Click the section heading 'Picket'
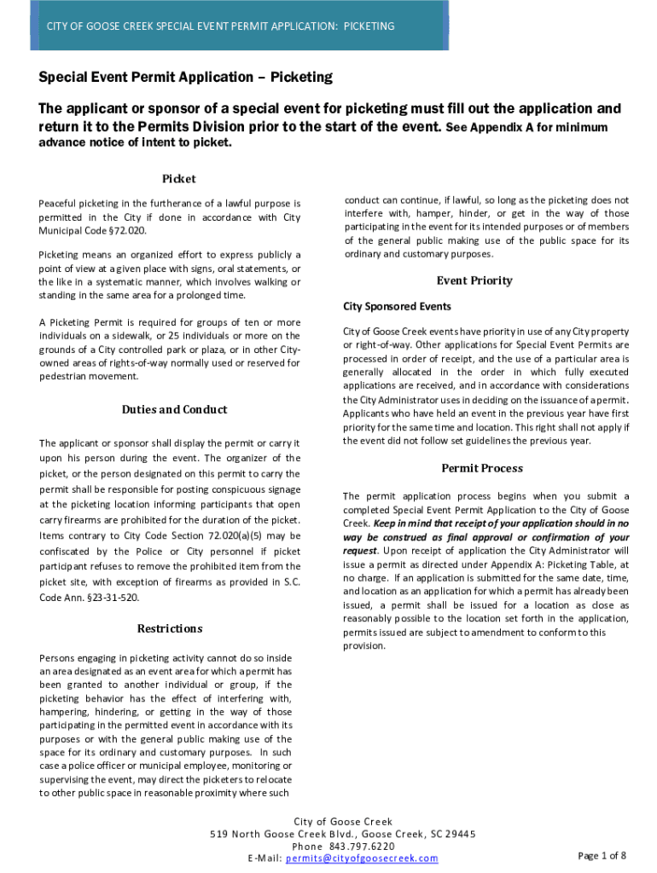click(179, 179)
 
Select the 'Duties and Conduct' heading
click(174, 410)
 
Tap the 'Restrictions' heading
click(170, 629)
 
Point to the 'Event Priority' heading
click(474, 280)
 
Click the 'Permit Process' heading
click(482, 469)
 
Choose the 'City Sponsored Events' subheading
click(397, 307)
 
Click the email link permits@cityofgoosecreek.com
click(362, 859)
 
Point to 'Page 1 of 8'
click(602, 856)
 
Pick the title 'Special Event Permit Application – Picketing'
click(185, 78)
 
